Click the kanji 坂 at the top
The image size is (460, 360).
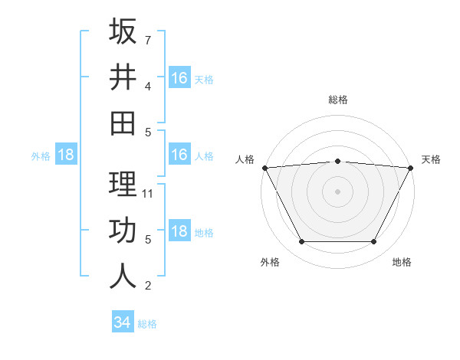[x=123, y=32]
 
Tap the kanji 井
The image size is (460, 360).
[x=123, y=77]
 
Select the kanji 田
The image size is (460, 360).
[x=123, y=122]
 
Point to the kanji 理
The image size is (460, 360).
[x=123, y=184]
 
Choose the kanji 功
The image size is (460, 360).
[x=123, y=230]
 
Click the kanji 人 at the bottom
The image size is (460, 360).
[x=123, y=275]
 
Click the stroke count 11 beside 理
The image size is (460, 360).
[x=148, y=193]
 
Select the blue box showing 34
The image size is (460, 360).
[x=122, y=322]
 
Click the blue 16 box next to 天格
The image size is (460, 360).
[x=179, y=77]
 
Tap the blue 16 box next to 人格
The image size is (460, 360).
[x=179, y=155]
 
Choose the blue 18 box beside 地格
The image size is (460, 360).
[x=179, y=231]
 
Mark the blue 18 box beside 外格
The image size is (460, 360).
[x=66, y=155]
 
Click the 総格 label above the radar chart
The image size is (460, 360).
[x=338, y=100]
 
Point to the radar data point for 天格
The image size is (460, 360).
[x=411, y=167]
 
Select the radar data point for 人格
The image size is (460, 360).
[x=264, y=167]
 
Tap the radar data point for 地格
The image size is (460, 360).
[x=374, y=242]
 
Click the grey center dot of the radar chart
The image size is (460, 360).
[x=337, y=191]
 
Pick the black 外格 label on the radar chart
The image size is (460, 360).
[x=270, y=263]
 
